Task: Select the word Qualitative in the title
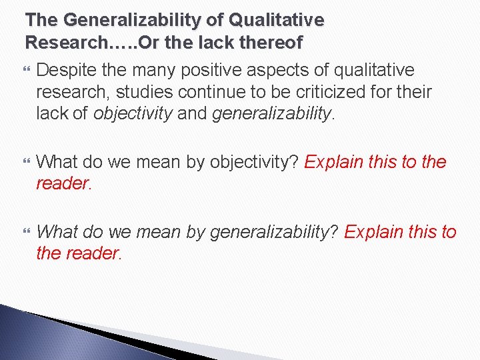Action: (x=279, y=20)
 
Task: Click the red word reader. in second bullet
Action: (x=63, y=183)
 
